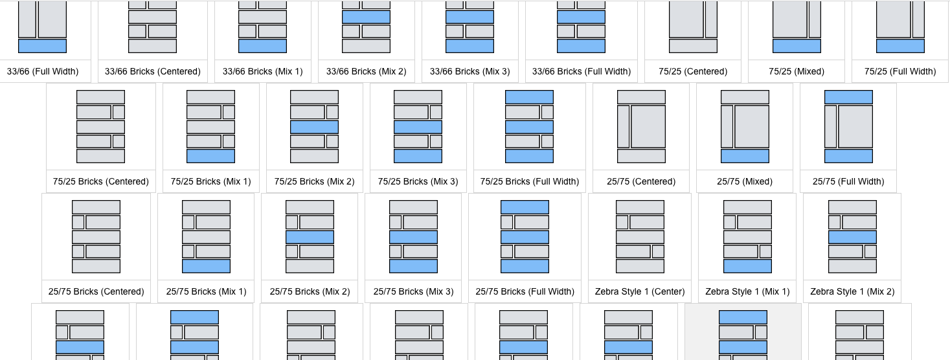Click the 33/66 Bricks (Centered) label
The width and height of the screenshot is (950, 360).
153,71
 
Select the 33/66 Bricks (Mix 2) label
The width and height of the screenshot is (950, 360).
367,71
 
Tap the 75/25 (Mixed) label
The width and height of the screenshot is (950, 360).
797,71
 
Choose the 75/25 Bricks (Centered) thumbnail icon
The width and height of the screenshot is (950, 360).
101,126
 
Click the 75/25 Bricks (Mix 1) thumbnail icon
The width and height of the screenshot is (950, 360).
211,126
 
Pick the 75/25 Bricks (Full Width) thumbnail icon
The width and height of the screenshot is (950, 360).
530,126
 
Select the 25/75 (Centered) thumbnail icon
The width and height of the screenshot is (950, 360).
641,126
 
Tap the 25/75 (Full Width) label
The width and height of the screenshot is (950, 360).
848,181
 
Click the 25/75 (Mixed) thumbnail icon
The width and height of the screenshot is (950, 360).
745,126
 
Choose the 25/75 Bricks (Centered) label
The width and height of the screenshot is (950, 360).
96,291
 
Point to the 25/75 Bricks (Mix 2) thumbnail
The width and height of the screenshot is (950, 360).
310,236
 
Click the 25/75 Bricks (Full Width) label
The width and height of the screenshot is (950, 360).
525,291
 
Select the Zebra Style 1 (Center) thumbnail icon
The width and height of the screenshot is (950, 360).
640,236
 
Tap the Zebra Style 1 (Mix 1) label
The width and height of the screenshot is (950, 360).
747,291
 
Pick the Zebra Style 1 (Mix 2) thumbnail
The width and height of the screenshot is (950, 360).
852,236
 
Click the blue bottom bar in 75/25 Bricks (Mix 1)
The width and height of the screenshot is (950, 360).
211,156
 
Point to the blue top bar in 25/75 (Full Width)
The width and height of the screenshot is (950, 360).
848,97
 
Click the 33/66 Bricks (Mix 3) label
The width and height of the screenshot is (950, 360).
470,71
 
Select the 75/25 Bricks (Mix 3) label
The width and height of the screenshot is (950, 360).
418,181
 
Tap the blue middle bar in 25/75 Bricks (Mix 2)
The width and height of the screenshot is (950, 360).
310,237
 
